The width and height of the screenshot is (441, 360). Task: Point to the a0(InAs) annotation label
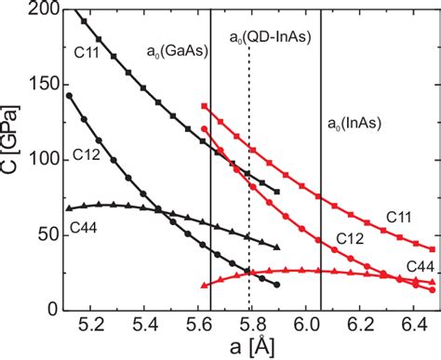pyautogui.click(x=354, y=123)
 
